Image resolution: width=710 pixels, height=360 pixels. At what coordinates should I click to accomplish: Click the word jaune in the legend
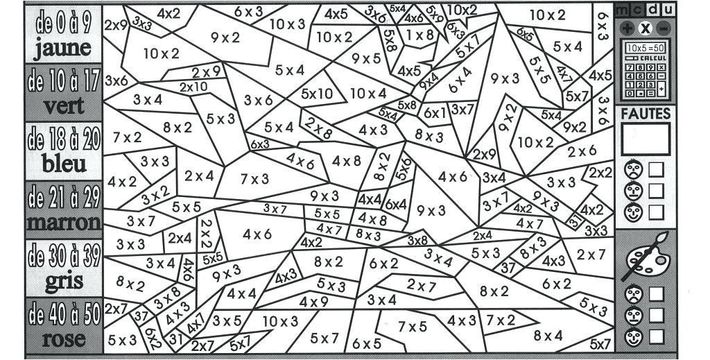click(x=62, y=48)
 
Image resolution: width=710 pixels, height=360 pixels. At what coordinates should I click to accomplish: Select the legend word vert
click(x=64, y=106)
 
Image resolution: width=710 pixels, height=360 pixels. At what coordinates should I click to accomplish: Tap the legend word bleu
click(x=64, y=164)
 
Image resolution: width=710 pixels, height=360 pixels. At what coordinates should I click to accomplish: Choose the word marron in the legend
click(x=64, y=223)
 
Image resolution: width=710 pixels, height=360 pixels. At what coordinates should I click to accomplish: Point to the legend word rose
click(x=64, y=339)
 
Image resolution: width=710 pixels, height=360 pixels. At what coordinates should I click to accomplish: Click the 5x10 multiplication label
click(x=318, y=94)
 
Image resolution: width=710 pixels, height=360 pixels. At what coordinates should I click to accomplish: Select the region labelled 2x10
click(x=193, y=87)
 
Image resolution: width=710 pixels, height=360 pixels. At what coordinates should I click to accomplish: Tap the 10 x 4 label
click(x=368, y=93)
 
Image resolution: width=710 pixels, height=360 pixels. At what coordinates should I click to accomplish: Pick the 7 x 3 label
click(x=254, y=179)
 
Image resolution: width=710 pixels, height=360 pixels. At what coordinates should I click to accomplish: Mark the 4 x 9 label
click(x=314, y=302)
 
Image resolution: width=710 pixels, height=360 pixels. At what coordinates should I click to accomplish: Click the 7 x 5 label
click(x=413, y=326)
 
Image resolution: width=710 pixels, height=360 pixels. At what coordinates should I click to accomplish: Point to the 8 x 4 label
click(x=548, y=336)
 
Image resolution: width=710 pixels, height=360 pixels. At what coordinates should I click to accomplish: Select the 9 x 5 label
click(x=367, y=59)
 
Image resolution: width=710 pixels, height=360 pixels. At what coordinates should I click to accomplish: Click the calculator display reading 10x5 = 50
click(x=645, y=47)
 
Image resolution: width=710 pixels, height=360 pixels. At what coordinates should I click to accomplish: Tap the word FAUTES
click(x=646, y=113)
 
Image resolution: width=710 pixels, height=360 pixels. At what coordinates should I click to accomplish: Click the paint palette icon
click(x=645, y=257)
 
